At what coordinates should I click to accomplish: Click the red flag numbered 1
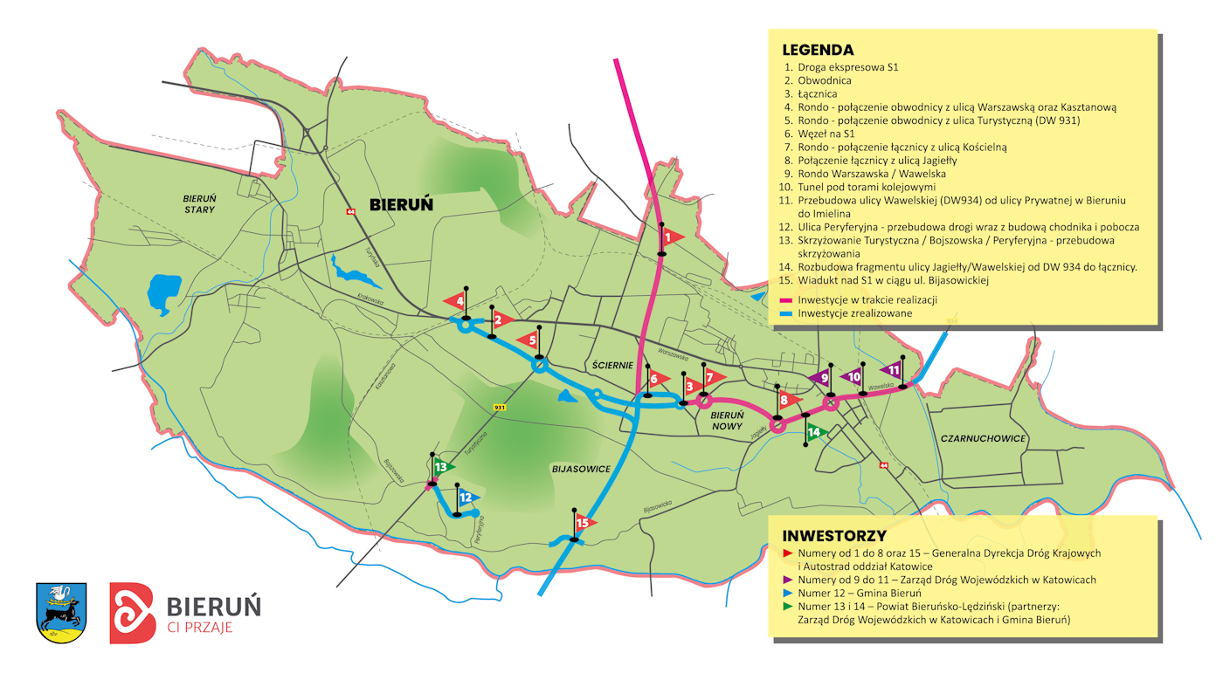click(x=669, y=237)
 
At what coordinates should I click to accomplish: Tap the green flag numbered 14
click(x=816, y=431)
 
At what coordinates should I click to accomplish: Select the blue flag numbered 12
click(x=467, y=498)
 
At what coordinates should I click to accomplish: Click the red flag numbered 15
click(x=584, y=523)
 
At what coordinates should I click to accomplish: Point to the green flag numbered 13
click(x=443, y=467)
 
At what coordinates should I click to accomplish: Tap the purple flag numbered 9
click(x=821, y=378)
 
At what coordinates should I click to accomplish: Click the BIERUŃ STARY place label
click(x=200, y=203)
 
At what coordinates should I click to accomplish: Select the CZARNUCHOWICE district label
click(x=983, y=438)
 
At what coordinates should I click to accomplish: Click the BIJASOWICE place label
click(x=581, y=469)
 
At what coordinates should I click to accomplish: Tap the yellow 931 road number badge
click(x=500, y=408)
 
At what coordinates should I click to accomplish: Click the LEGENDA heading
click(x=818, y=50)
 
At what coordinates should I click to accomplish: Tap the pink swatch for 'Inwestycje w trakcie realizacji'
click(x=786, y=299)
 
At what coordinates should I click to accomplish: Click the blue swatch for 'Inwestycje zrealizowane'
click(x=786, y=312)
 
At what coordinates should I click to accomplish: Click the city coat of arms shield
click(x=61, y=611)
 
